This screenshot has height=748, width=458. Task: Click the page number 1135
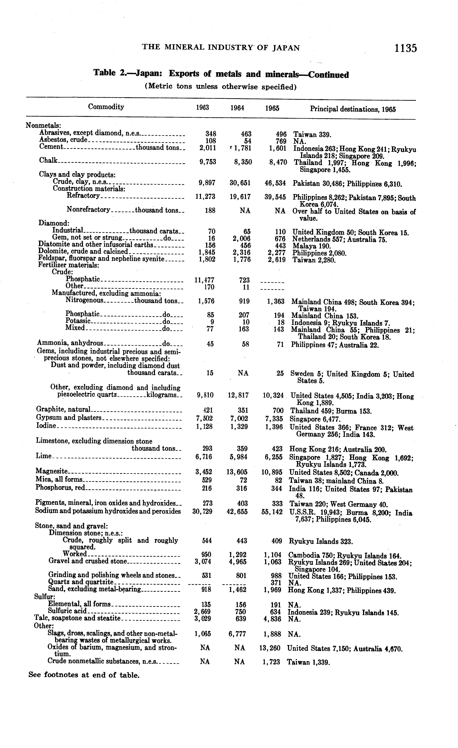point(406,48)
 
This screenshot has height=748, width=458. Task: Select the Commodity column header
point(106,107)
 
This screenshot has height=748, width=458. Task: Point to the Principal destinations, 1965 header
point(353,109)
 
